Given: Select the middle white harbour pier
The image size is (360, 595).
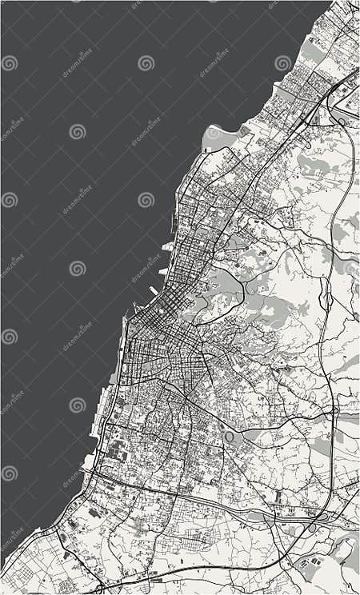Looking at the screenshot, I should (164, 271).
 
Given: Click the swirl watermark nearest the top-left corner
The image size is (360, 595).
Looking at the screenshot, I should (9, 62).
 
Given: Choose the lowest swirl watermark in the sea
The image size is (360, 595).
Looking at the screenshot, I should (9, 473).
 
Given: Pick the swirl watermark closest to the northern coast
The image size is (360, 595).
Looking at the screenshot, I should (282, 62).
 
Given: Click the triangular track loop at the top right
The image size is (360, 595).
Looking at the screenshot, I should (349, 100).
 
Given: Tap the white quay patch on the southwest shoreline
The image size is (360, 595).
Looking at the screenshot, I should (89, 463).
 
